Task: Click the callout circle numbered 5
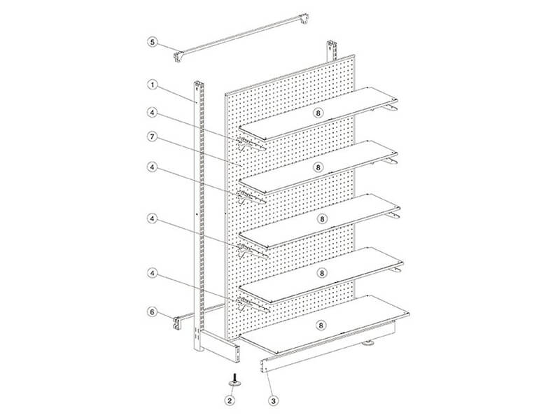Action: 153,42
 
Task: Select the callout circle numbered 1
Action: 153,85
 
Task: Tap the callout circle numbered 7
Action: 153,136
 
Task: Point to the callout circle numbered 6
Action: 153,311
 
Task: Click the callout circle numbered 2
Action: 230,400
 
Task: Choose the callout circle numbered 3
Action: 273,400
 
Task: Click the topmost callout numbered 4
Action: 153,113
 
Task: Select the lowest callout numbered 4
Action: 153,273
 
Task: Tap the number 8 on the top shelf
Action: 318,113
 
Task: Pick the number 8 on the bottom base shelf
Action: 321,325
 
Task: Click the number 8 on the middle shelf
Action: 322,218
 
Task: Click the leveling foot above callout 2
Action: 234,379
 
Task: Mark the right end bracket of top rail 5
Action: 304,19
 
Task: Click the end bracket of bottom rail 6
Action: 177,323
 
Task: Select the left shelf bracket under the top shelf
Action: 251,144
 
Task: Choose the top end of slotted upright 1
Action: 198,85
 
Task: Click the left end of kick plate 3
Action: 265,365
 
